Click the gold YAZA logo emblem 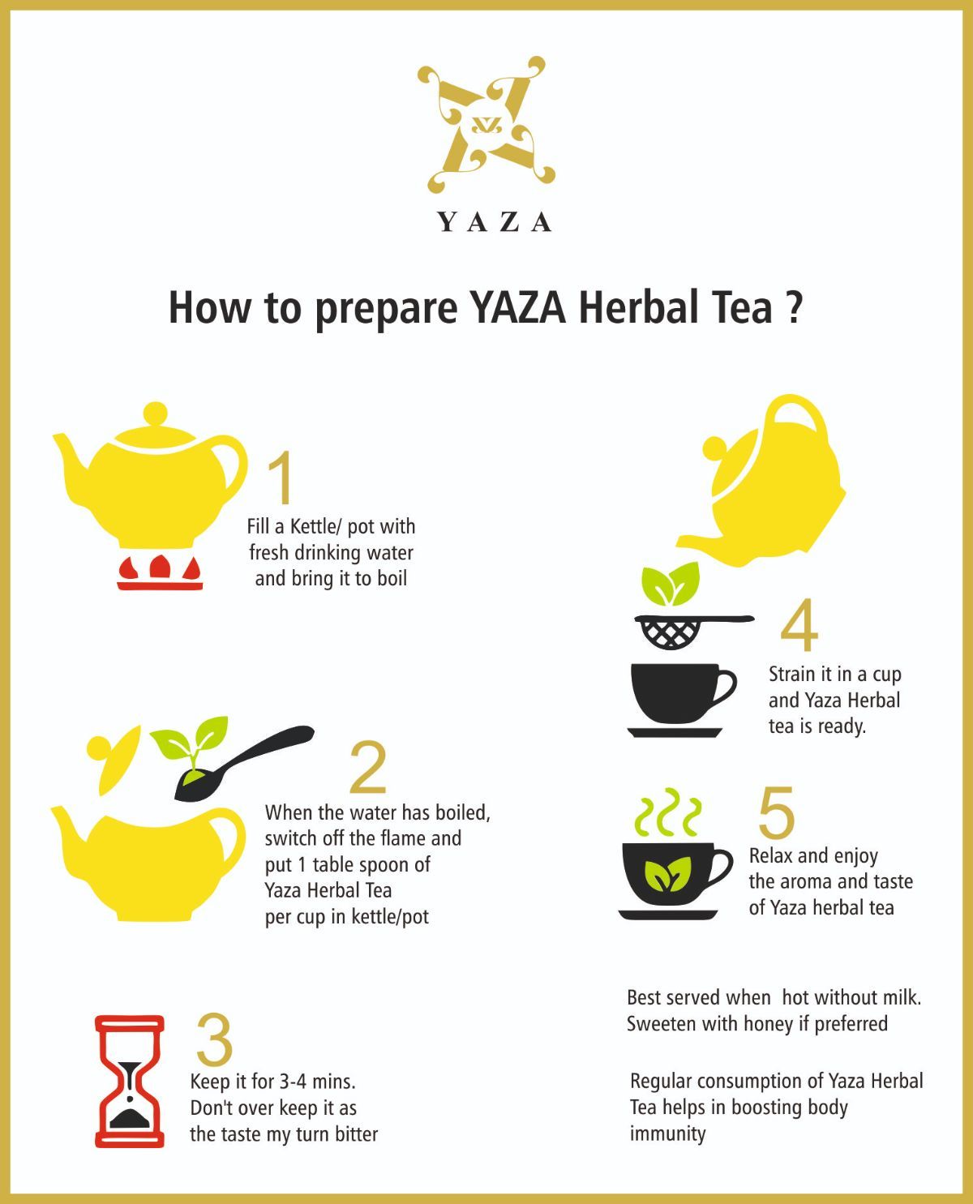point(486,124)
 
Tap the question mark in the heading point(794,307)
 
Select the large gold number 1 point(281,478)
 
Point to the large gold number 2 point(368,767)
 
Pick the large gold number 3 point(214,1039)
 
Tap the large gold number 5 point(776,812)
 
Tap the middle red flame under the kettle point(160,566)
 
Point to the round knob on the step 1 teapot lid point(156,413)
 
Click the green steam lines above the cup point(667,813)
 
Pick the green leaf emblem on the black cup point(667,874)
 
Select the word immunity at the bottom point(667,1134)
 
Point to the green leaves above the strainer point(670,583)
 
